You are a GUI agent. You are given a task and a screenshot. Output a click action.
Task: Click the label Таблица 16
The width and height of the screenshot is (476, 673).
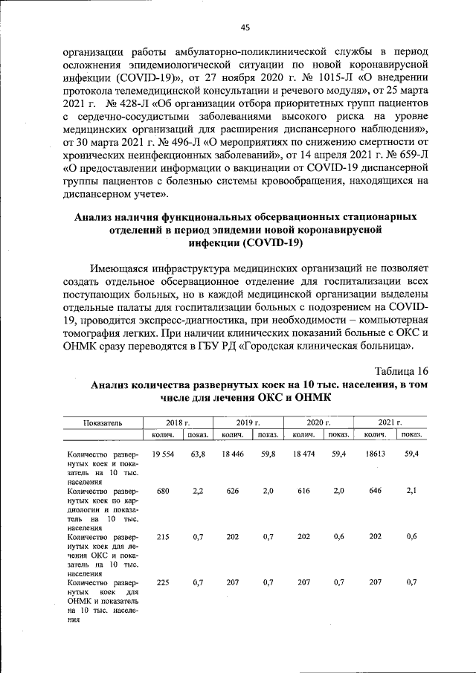(x=401, y=371)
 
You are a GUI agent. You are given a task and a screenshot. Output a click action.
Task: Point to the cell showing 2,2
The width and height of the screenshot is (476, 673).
(x=198, y=491)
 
